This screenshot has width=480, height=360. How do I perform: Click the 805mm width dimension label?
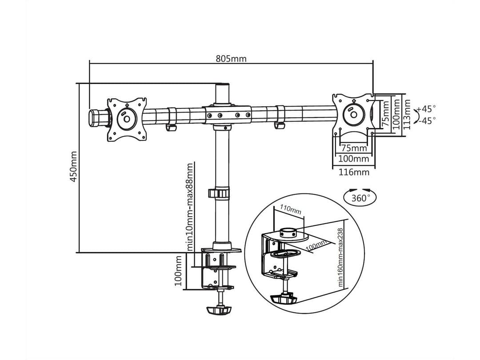[x=231, y=59]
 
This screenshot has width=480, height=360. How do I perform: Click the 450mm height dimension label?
[x=74, y=166]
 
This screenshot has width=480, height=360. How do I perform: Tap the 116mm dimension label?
[x=354, y=172]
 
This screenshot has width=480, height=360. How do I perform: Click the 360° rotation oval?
[x=360, y=198]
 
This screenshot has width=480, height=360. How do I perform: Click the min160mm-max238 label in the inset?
[x=341, y=257]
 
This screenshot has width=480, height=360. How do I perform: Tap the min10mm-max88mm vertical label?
[x=190, y=207]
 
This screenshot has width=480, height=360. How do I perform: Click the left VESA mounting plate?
[x=127, y=119]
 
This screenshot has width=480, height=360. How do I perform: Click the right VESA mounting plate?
[x=354, y=114]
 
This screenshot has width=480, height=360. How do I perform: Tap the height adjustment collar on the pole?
[x=220, y=193]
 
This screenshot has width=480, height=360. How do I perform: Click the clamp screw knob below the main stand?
[x=219, y=308]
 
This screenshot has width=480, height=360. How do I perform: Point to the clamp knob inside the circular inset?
[x=284, y=298]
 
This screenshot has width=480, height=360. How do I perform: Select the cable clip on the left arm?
[x=171, y=128]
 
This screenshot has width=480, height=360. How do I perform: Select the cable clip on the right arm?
[x=280, y=125]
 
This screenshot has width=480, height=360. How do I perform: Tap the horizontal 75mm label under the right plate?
[x=354, y=148]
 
